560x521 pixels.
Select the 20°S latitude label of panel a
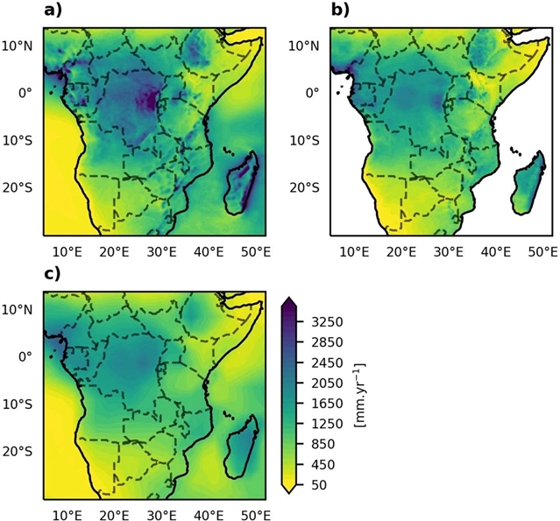coord(19,187)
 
